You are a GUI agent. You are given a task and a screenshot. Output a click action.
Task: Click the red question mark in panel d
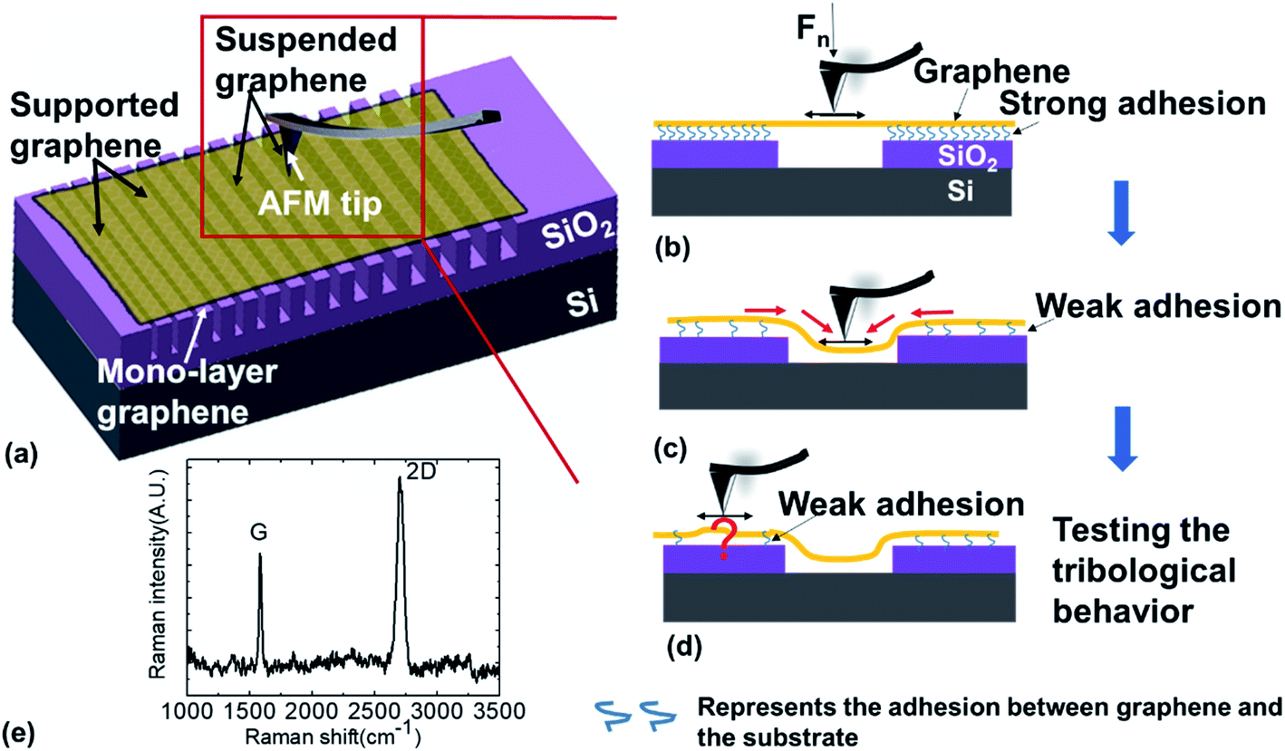tap(723, 540)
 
